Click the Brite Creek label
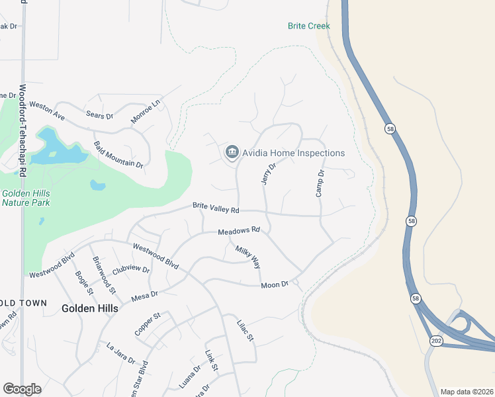(x=308, y=26)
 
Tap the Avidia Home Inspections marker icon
(x=232, y=153)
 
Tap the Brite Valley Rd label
(x=216, y=208)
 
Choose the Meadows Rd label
(x=240, y=231)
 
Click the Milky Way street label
(x=248, y=257)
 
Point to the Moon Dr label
(x=275, y=285)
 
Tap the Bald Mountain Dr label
(x=118, y=154)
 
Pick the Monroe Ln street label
(x=146, y=111)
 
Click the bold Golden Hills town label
(x=90, y=308)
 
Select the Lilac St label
(x=246, y=331)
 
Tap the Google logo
(x=22, y=389)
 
